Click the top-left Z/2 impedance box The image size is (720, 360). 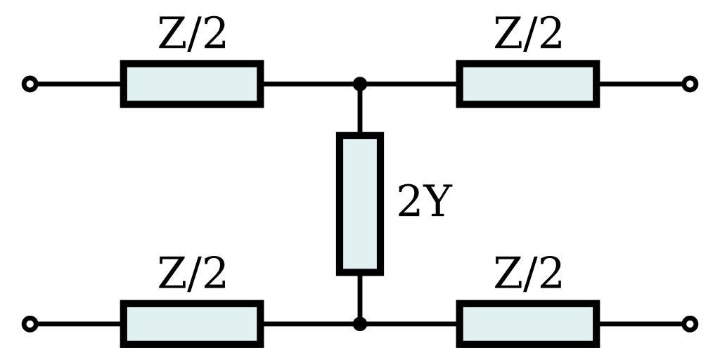[x=192, y=84]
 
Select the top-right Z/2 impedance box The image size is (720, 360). [x=528, y=84]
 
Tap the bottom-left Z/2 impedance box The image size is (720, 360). [x=192, y=324]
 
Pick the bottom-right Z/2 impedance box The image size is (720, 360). [x=528, y=324]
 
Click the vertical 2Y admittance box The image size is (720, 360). [x=360, y=203]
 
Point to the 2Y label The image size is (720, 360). [x=422, y=202]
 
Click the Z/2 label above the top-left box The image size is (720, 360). [x=192, y=34]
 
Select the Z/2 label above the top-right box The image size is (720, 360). [x=528, y=34]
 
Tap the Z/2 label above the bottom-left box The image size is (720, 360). [x=192, y=274]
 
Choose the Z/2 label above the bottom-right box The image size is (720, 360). [x=528, y=274]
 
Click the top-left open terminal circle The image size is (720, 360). [x=30, y=84]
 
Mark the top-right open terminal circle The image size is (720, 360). [x=690, y=84]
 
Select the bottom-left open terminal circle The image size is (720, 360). [x=30, y=324]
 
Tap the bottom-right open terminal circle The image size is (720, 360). [x=690, y=324]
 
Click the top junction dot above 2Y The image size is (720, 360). [x=360, y=84]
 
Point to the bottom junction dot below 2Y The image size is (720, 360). [x=360, y=324]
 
